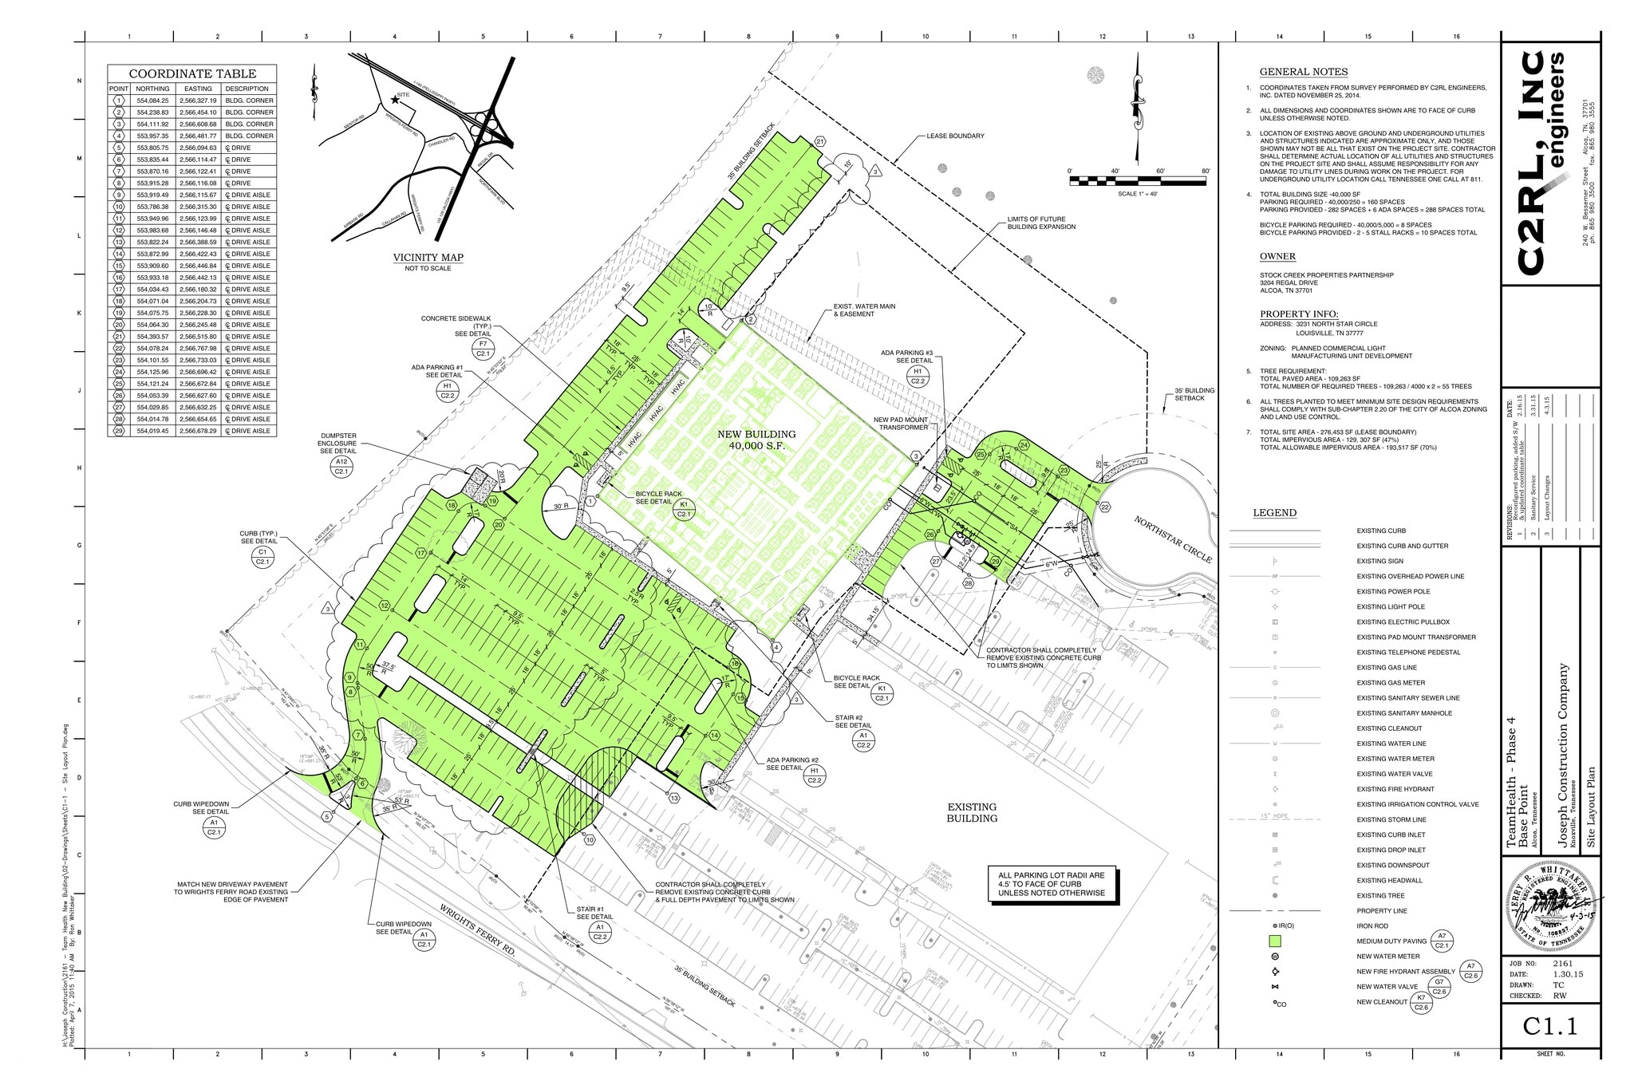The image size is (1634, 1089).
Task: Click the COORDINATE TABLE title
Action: pos(192,73)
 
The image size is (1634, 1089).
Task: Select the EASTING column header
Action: pos(198,89)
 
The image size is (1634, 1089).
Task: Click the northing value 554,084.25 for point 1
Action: pos(152,101)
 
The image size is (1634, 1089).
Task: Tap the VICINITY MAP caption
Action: pos(428,258)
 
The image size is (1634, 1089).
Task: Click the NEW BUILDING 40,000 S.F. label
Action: pos(756,440)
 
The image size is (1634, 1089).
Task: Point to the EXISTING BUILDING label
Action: pos(972,813)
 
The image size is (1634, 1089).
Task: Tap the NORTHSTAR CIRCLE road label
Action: pos(1172,539)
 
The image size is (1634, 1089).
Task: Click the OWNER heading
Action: pos(1277,256)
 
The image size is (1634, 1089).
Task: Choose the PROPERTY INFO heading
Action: pos(1299,314)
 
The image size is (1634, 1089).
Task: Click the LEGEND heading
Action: pos(1274,513)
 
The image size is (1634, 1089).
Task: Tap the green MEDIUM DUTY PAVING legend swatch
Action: pos(1275,941)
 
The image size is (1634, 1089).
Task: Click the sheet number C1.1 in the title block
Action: pos(1550,1027)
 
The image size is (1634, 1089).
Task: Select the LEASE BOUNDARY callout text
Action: pos(955,136)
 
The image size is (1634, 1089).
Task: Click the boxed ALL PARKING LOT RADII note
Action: pos(1052,884)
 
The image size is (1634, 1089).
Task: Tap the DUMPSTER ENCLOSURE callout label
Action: pos(337,444)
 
